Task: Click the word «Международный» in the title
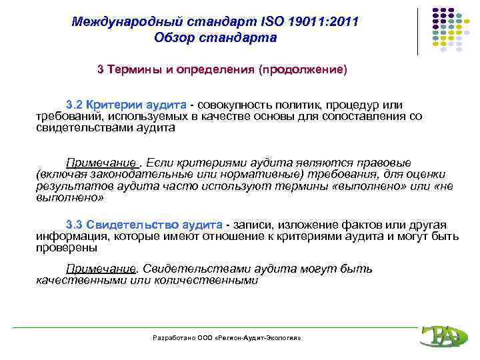coord(113,22)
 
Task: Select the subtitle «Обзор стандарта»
coord(215,37)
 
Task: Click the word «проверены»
coord(66,247)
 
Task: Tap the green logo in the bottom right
coord(440,335)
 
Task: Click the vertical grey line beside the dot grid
coord(418,31)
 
